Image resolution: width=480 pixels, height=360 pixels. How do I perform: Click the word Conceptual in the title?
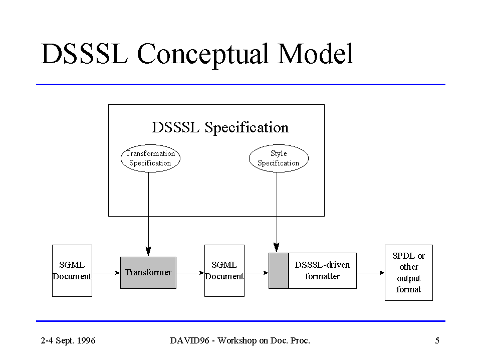click(203, 55)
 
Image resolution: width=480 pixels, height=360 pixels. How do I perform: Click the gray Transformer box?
click(148, 273)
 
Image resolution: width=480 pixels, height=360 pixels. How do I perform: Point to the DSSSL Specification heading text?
click(220, 127)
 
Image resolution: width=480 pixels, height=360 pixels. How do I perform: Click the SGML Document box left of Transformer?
click(72, 271)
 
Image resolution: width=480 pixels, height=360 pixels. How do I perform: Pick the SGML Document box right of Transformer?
click(224, 271)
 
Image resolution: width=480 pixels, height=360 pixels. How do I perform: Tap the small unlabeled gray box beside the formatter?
click(279, 271)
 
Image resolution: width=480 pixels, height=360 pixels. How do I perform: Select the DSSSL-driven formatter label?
click(322, 271)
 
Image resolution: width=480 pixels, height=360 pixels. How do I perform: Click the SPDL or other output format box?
click(409, 273)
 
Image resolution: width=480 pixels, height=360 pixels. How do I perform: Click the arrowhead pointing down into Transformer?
click(148, 252)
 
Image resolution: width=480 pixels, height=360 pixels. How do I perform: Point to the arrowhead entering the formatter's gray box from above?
click(277, 248)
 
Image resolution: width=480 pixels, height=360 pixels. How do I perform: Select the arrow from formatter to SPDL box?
click(371, 273)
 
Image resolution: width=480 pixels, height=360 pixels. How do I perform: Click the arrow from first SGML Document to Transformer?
click(106, 273)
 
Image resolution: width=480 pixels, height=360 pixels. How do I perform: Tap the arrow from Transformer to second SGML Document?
click(190, 273)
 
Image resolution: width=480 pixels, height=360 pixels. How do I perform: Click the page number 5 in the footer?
click(437, 341)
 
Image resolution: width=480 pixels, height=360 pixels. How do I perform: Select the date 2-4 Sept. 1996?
click(68, 341)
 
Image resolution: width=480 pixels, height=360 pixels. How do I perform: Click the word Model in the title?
click(315, 54)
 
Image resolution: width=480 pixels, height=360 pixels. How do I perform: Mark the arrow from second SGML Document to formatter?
click(257, 273)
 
